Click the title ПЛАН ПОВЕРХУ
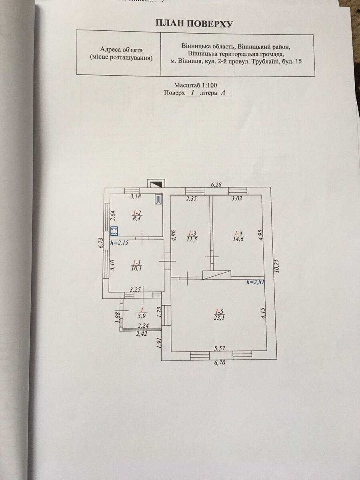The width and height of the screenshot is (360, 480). tap(194, 24)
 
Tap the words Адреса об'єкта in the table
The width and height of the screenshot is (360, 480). tap(122, 50)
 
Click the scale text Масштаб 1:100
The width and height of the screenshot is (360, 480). tap(195, 85)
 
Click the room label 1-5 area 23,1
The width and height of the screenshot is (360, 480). tap(218, 315)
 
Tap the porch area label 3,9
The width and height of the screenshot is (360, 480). tap(141, 312)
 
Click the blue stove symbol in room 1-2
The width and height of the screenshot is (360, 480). tap(114, 231)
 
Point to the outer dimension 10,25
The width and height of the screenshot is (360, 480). tap(277, 266)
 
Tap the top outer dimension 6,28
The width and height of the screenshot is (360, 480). tap(216, 184)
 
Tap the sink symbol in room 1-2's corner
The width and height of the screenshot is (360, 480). tap(159, 199)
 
